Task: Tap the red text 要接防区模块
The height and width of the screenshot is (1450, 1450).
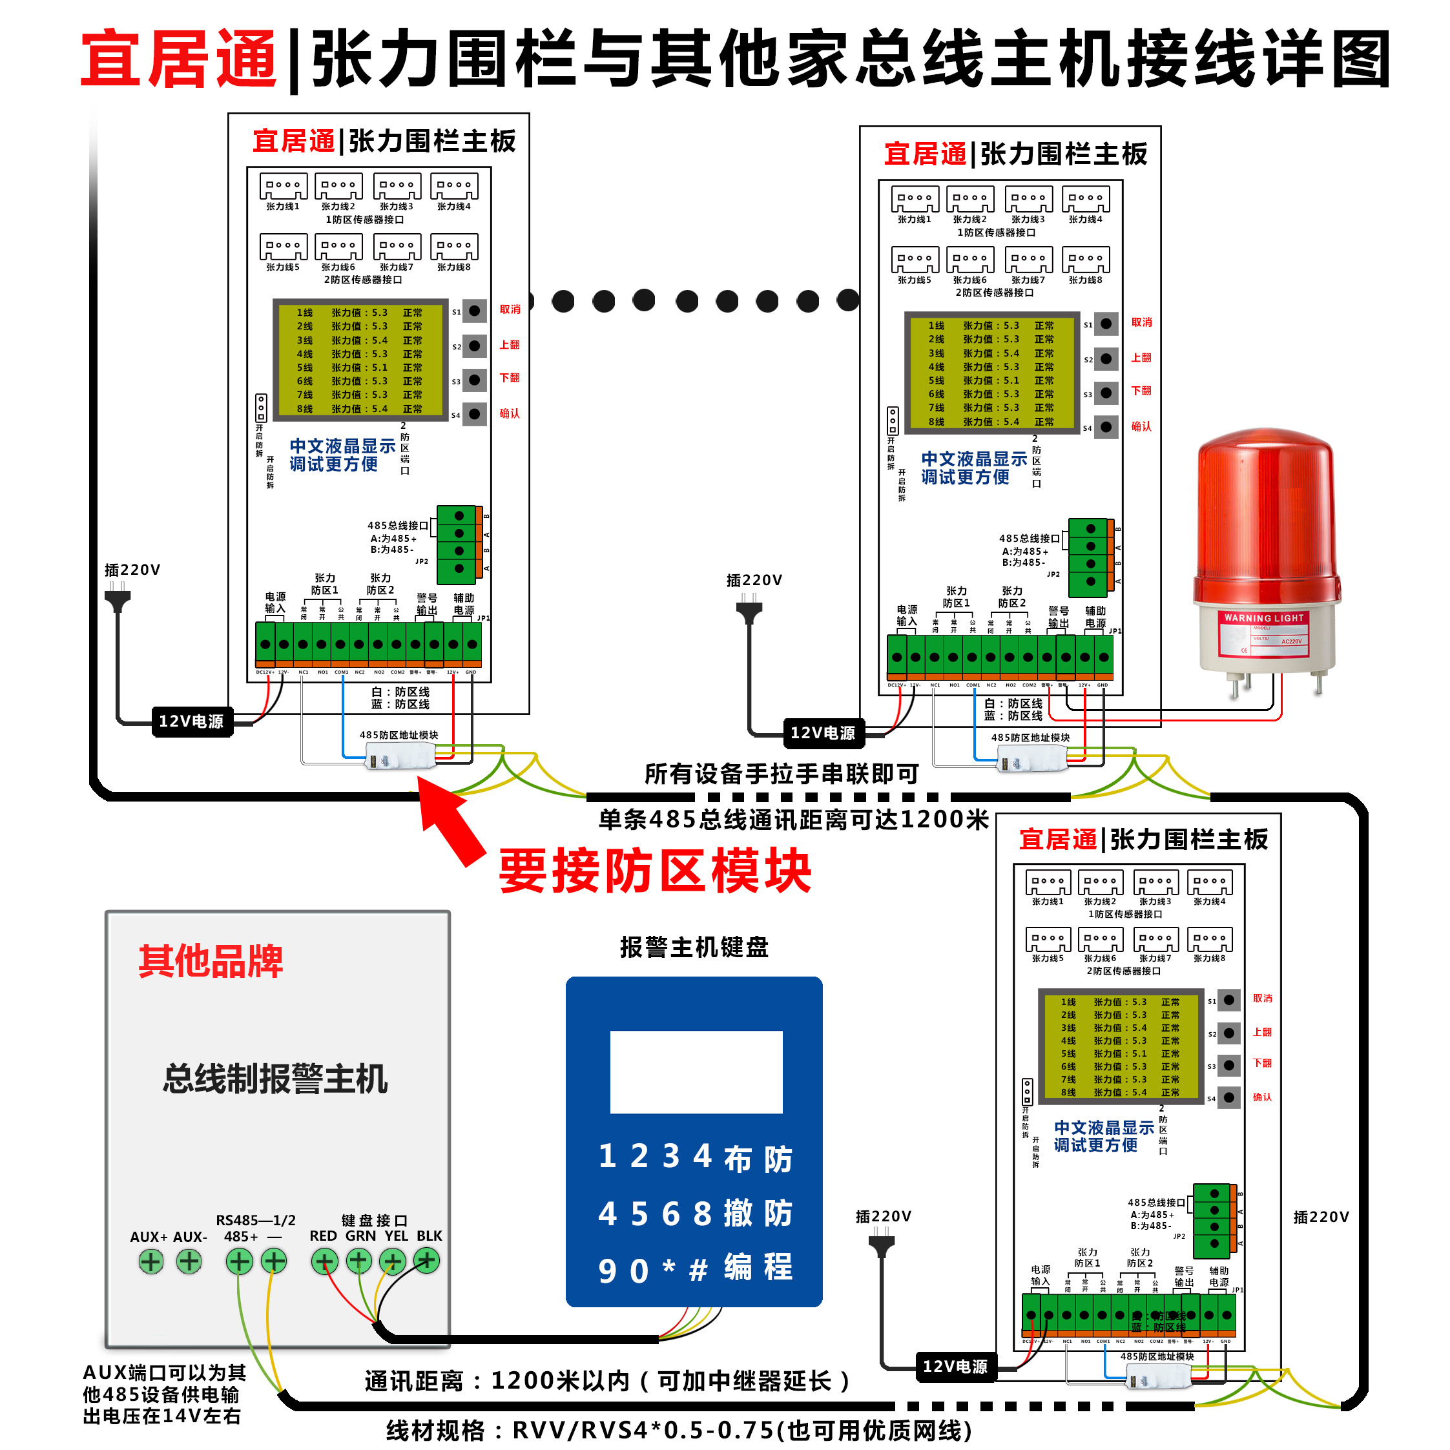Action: [x=654, y=871]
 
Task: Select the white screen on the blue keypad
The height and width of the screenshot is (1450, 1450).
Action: [x=696, y=1071]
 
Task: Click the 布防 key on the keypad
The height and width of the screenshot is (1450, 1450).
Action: [x=758, y=1158]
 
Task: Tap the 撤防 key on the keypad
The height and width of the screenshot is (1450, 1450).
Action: [x=758, y=1213]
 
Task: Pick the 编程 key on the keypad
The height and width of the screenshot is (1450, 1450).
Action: [x=758, y=1268]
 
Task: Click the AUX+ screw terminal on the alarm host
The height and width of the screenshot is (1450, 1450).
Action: [x=151, y=1261]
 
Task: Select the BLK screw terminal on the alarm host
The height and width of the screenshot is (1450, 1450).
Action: [x=427, y=1261]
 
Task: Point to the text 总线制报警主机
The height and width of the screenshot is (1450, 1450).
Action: [x=275, y=1079]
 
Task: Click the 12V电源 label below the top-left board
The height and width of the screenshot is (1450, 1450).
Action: [x=191, y=721]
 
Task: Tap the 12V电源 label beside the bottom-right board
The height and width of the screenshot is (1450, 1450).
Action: [x=955, y=1366]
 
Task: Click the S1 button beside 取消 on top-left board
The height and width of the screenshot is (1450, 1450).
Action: [x=474, y=311]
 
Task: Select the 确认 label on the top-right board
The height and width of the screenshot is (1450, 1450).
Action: [x=1141, y=426]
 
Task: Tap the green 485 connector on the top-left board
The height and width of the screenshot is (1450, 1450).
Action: [x=458, y=543]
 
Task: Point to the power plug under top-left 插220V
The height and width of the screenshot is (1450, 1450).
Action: [x=117, y=601]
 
